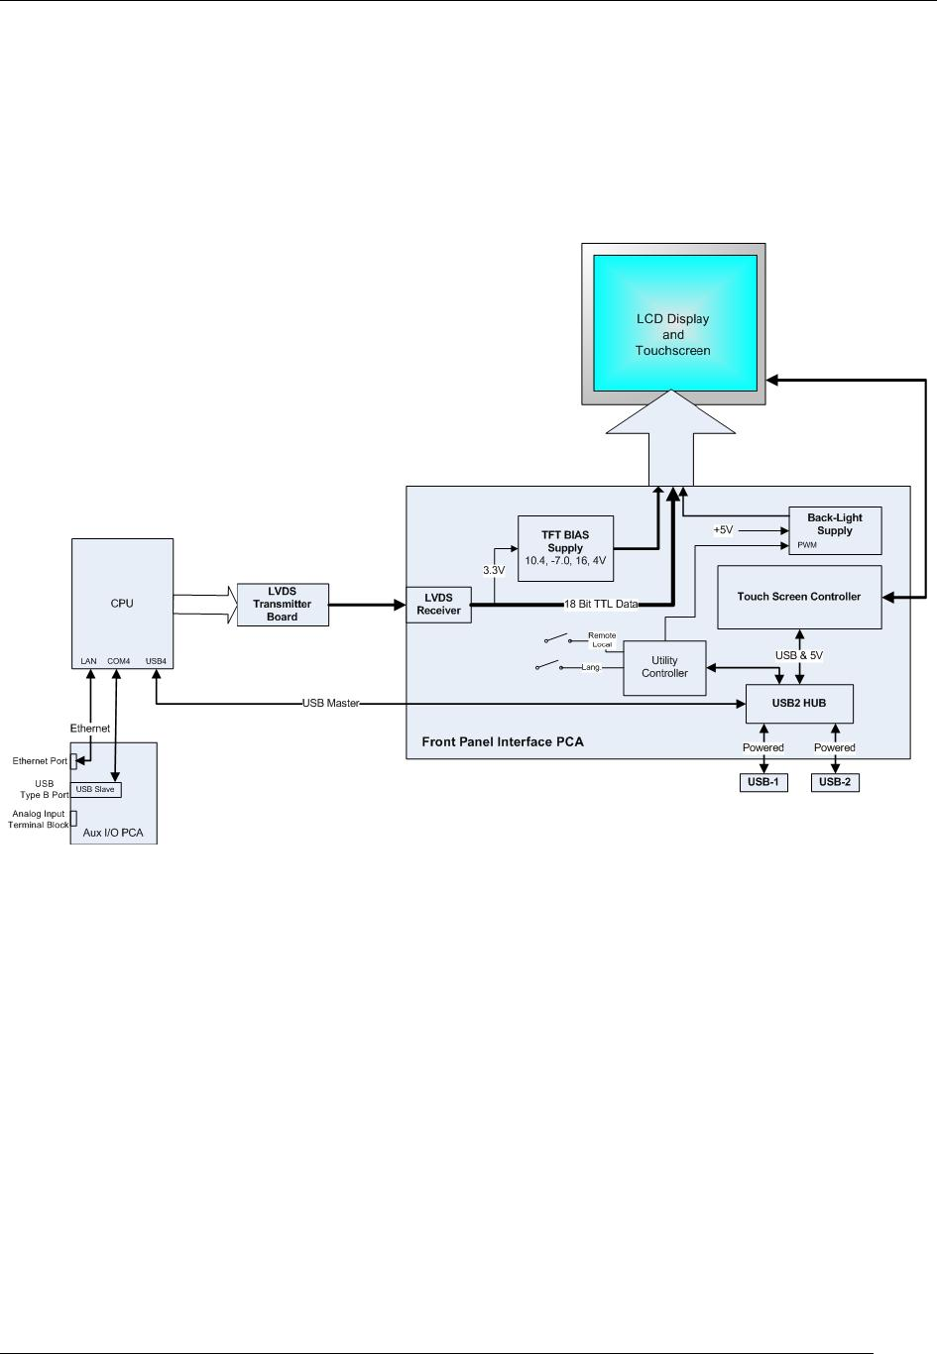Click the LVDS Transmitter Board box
coord(283,605)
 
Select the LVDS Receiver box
coord(438,605)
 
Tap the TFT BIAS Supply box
coord(565,548)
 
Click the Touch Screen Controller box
coord(798,597)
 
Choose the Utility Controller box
coord(664,667)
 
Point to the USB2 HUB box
coord(798,704)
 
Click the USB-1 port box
coord(762,782)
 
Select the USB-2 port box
coord(834,782)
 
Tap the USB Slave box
coord(95,789)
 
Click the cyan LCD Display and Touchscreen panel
coord(674,323)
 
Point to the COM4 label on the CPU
coord(118,661)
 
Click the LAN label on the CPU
coord(89,661)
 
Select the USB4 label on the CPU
coord(156,661)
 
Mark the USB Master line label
coord(330,704)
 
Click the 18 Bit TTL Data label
coord(601,604)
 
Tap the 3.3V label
coord(494,570)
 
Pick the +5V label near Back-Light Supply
coord(723,530)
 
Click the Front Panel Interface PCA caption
coord(503,741)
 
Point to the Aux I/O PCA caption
coord(113,833)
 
